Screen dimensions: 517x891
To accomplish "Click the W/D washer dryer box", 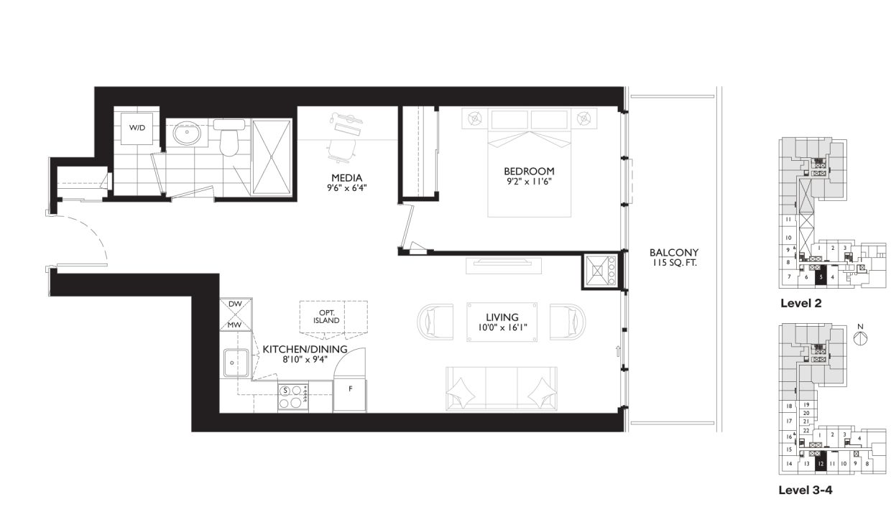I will [x=136, y=128].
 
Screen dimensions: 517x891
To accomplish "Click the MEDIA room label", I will [x=346, y=178].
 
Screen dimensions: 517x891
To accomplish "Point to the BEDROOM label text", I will [x=529, y=171].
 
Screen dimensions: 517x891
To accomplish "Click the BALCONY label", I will [x=673, y=253].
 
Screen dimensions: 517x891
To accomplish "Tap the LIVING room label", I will [x=502, y=317].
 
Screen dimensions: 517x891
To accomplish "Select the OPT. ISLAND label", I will [x=326, y=317].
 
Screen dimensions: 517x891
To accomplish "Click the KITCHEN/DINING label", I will [x=305, y=349].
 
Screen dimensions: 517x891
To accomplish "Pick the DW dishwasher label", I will [x=235, y=304].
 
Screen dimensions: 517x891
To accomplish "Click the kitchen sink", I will [x=235, y=363].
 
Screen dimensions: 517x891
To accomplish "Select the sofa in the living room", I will [x=502, y=388].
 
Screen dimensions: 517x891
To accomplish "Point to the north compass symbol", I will [x=859, y=339].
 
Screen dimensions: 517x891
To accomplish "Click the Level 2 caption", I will [x=800, y=304].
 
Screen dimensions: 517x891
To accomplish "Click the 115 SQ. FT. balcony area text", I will [x=673, y=264].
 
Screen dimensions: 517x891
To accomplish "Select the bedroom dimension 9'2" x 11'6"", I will [x=529, y=182].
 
